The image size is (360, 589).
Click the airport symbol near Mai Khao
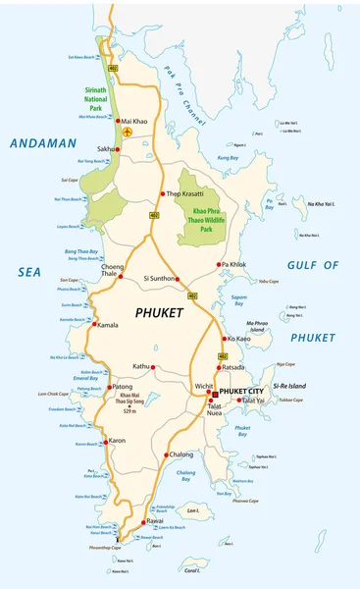point(128,131)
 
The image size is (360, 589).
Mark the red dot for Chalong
point(166,455)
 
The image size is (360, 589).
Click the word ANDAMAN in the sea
point(43,143)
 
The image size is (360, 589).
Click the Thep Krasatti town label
point(186,194)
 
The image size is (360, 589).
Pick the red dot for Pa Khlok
point(221,265)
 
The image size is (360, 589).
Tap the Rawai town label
point(154,521)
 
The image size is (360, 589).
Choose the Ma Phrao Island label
point(257,326)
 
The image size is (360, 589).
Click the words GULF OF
point(312,265)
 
